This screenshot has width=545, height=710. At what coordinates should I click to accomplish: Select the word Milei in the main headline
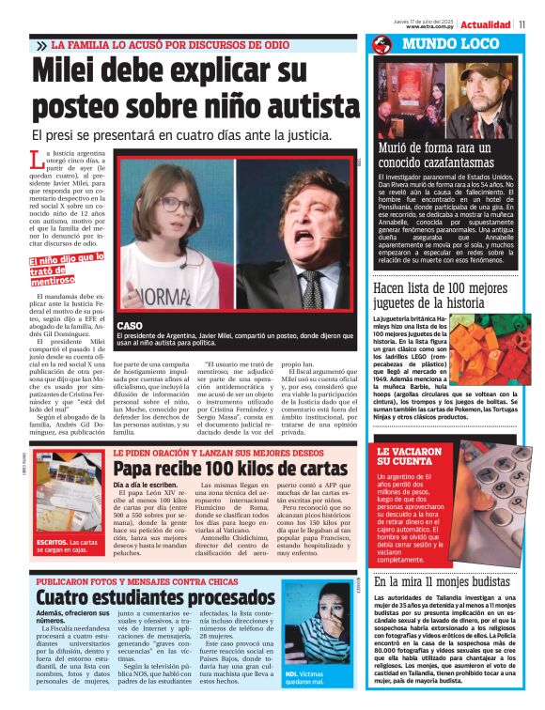click(x=75, y=72)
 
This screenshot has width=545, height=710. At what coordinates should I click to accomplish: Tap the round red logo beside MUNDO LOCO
click(x=381, y=45)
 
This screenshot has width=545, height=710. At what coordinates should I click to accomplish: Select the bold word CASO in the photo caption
click(x=131, y=325)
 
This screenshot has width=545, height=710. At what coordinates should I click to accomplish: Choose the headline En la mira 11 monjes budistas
click(x=442, y=582)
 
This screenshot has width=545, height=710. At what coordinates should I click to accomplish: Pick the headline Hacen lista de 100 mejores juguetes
click(x=442, y=296)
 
